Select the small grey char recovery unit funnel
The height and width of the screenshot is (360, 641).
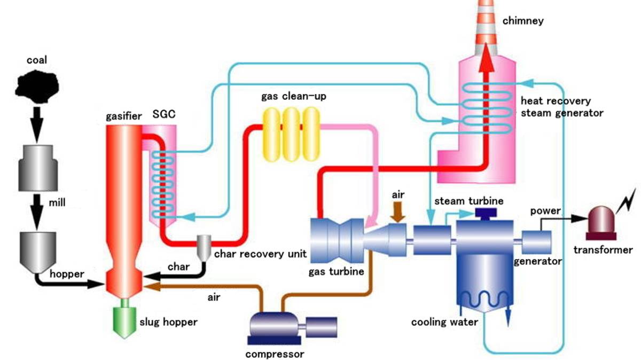coord(203,246)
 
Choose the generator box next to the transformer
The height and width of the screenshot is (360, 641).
coord(536,242)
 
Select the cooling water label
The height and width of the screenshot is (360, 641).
coord(444,322)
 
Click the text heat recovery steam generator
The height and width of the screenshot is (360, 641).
coord(562,107)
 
